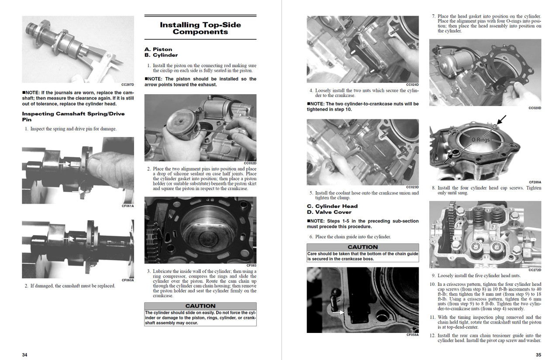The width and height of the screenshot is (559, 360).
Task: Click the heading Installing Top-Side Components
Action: [x=200, y=28]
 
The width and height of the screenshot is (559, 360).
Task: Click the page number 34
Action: [x=25, y=355]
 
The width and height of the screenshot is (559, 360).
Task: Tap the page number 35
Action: [x=538, y=355]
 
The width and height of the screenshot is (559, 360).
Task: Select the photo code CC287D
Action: [x=128, y=85]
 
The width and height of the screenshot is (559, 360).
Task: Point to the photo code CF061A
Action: [x=128, y=206]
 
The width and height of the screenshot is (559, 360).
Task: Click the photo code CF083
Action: [x=251, y=265]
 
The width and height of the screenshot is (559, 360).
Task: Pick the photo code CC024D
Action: [x=412, y=85]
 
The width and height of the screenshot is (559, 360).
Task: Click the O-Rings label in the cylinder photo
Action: [x=480, y=140]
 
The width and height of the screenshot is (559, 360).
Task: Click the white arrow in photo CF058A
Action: [x=338, y=312]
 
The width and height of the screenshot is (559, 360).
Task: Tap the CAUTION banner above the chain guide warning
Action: [x=362, y=247]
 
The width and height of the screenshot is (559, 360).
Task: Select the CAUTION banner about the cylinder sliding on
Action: [x=200, y=306]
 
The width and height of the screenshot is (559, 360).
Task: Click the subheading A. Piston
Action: [x=158, y=49]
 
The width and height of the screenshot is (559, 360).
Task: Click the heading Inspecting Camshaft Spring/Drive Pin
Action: [x=73, y=117]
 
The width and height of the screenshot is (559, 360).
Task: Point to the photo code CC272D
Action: [x=535, y=270]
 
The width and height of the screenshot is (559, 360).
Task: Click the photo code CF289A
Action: [x=535, y=182]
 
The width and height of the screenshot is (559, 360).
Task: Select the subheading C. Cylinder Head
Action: [x=332, y=206]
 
